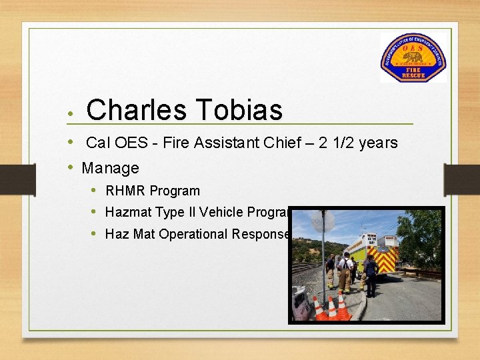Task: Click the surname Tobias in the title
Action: pos(239,110)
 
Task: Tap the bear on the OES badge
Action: pos(413,58)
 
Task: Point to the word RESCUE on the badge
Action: pos(413,76)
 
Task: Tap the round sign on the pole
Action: pos(322,222)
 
